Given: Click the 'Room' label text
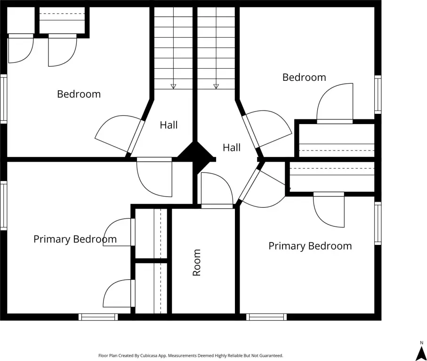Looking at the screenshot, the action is pos(197,262).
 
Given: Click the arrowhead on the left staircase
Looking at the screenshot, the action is pos(173,86).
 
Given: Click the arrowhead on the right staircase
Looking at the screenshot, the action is pos(216,86).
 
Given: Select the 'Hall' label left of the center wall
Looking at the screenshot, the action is pos(169,125).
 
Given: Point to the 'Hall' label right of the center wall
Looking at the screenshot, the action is pos(232,148).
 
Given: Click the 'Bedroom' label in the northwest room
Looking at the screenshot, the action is pos(79,94).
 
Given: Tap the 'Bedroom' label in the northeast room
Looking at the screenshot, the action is pos(304,77).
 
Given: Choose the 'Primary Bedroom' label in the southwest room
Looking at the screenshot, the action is pos(75,239).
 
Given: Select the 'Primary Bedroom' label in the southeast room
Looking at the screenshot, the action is pos(310,246).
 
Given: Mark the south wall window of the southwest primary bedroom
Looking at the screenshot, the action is pos(98,317).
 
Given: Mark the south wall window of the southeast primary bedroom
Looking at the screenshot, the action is pos(266,317).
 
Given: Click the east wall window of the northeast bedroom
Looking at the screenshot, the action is pos(378,94).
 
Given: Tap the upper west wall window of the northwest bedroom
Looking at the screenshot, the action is pos(3,99).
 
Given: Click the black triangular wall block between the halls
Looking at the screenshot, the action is pos(195,153).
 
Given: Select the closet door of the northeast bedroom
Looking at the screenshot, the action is pos(335,103).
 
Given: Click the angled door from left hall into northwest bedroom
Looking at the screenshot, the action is pos(120,134).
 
